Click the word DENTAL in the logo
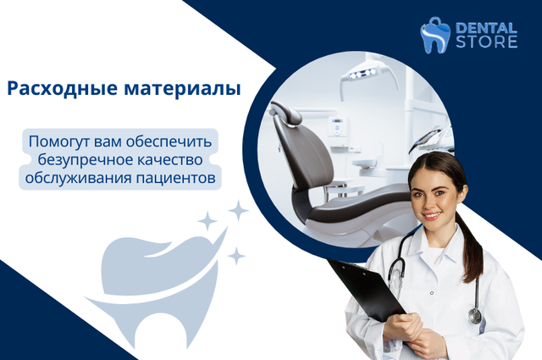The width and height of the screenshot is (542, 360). [x=486, y=28]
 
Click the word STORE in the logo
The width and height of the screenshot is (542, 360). [x=486, y=42]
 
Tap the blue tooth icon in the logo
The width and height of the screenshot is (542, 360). [x=434, y=36]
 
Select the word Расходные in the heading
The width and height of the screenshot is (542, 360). [x=62, y=89]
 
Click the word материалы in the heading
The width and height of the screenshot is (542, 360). [x=182, y=89]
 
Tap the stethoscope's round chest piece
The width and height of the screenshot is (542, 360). [x=474, y=315]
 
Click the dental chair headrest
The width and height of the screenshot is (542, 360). [x=285, y=113]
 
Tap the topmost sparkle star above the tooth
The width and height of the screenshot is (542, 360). [x=238, y=210]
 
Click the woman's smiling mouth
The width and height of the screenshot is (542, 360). [x=432, y=216]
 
